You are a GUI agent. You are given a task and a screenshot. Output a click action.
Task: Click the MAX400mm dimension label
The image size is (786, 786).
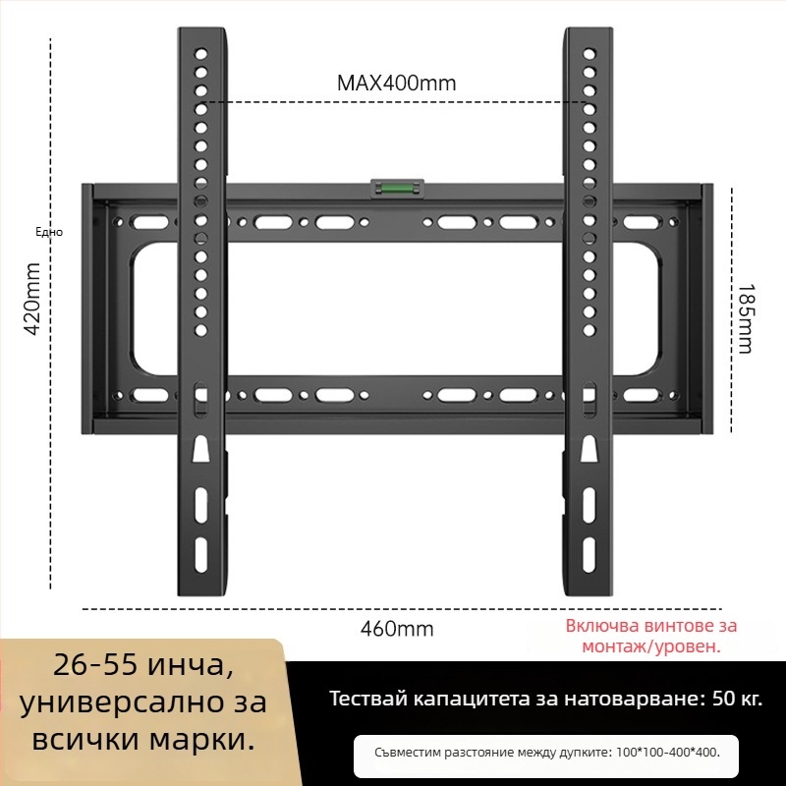[396, 83]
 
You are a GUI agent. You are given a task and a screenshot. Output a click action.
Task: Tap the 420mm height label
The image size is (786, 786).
[32, 299]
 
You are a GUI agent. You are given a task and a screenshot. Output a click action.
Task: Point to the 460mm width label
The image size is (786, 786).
[397, 629]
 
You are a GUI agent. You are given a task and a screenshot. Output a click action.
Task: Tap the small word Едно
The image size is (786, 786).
[48, 232]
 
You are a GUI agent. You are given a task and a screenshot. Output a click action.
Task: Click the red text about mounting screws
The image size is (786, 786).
[650, 636]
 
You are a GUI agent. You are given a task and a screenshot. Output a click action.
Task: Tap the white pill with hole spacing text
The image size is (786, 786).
[546, 753]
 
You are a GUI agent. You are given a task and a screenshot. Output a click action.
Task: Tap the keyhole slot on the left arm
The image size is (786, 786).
[200, 449]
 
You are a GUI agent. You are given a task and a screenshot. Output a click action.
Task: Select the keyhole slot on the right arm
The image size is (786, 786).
[589, 449]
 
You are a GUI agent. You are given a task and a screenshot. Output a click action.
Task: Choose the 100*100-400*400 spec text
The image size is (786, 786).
[667, 753]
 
